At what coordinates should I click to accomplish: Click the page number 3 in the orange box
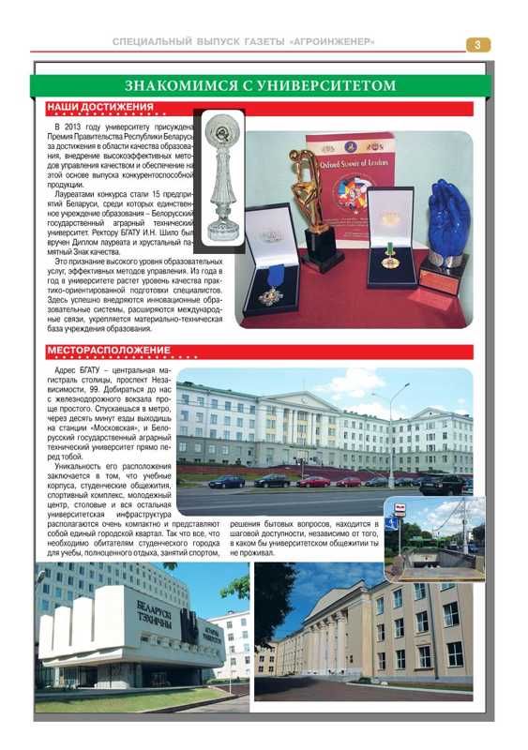477,44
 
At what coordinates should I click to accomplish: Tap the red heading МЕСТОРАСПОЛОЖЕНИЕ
109,351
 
